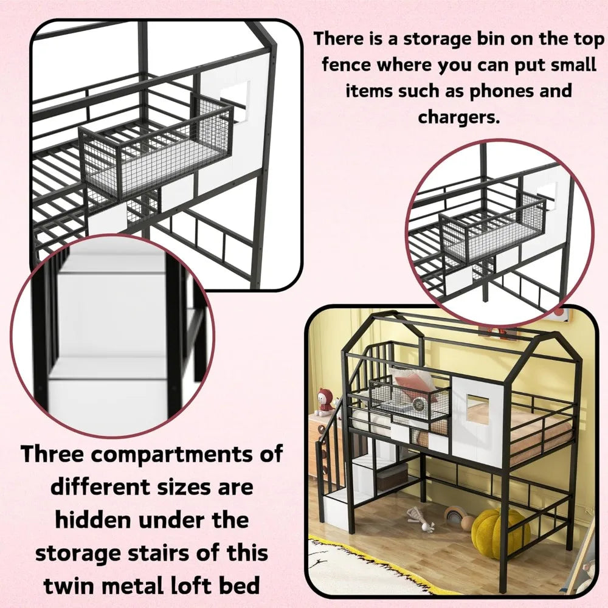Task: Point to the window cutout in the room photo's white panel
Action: [478, 408]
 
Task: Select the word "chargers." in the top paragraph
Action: [458, 117]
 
